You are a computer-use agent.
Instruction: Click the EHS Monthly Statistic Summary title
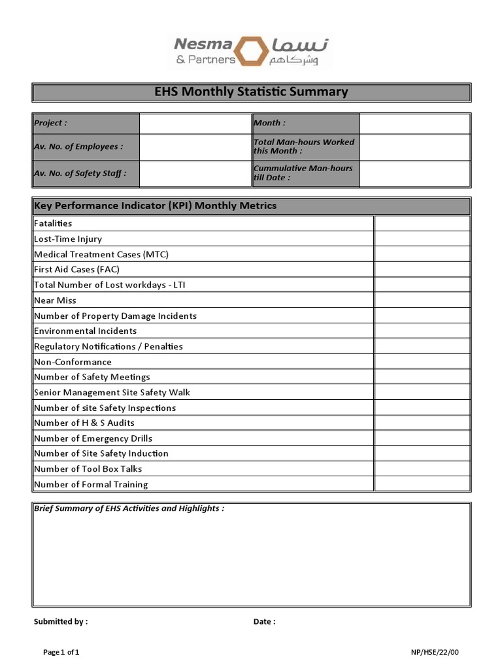(x=251, y=92)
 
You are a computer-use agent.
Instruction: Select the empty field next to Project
(x=195, y=123)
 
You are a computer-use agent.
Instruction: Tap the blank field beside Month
(x=414, y=123)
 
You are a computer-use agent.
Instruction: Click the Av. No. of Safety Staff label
(x=80, y=173)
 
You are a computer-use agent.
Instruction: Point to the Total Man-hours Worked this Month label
(x=304, y=146)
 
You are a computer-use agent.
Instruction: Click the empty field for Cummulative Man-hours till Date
(x=414, y=173)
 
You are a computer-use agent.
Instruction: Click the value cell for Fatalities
(x=422, y=223)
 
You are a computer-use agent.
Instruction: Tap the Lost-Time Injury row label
(x=68, y=239)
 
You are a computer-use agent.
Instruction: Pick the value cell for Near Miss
(x=422, y=301)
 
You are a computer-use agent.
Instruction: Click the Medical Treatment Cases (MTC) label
(x=101, y=254)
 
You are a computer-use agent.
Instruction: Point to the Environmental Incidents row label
(x=85, y=331)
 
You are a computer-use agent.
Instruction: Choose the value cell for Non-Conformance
(x=422, y=362)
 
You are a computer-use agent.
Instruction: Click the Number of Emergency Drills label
(x=93, y=438)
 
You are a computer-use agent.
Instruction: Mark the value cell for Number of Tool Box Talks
(x=422, y=469)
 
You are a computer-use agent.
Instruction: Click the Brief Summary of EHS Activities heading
(x=129, y=508)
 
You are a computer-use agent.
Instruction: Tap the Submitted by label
(x=60, y=622)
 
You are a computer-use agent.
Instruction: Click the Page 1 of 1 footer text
(x=61, y=652)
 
